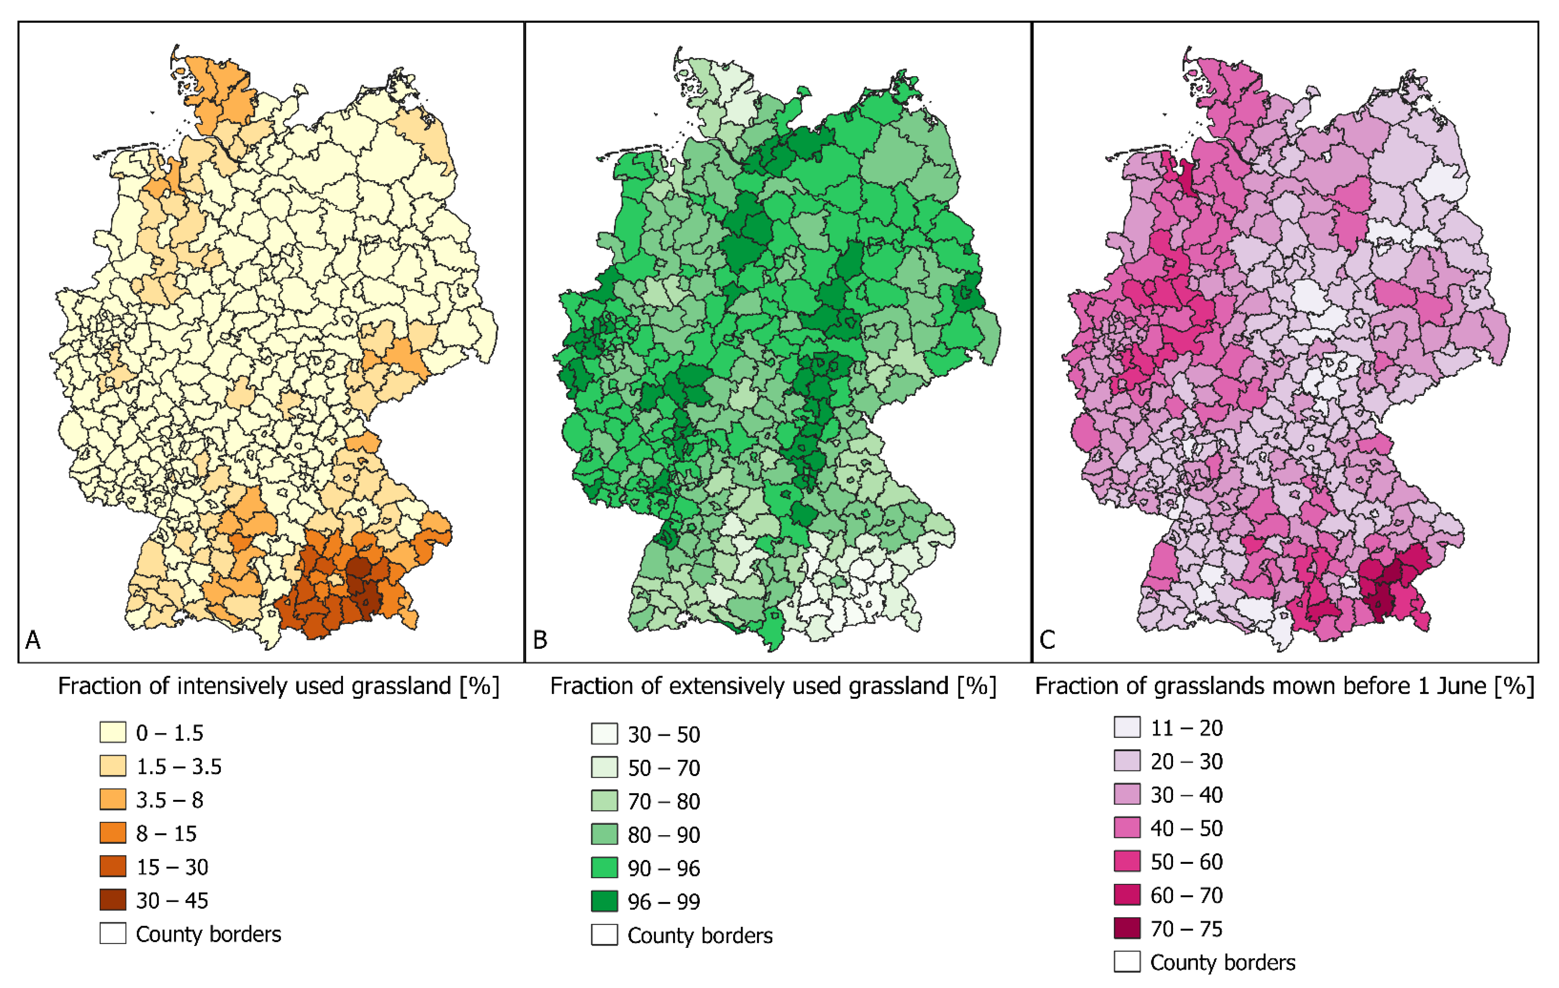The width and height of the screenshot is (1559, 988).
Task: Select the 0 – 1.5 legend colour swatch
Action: pos(113,732)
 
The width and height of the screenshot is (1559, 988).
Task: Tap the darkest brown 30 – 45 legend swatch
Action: pos(113,900)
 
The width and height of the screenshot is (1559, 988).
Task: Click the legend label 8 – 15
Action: pos(166,833)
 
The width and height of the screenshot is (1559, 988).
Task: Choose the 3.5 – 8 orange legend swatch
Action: pos(113,799)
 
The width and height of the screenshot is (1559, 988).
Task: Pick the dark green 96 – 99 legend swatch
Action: pos(604,901)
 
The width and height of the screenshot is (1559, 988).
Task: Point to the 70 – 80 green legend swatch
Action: pos(604,801)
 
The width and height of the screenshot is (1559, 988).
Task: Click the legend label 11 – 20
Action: pos(1186,728)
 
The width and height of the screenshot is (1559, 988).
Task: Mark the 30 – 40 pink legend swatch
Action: pos(1127,794)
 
